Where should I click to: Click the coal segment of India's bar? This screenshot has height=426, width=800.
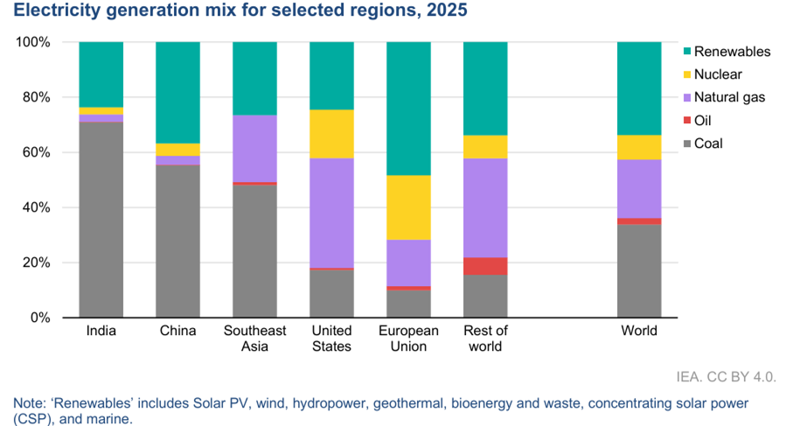[x=101, y=220]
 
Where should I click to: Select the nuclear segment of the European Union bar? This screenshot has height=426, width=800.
[x=408, y=207]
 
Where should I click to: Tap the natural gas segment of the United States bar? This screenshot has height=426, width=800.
[x=331, y=213]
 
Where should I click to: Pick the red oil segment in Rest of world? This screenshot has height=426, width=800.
[x=485, y=266]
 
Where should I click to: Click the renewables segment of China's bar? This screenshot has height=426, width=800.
[x=177, y=93]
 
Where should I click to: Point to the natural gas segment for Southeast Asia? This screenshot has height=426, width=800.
[x=254, y=149]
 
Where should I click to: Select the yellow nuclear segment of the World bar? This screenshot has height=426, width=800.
[x=639, y=148]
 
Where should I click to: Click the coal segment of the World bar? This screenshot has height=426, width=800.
[x=639, y=271]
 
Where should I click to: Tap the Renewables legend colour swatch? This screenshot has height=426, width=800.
[x=686, y=52]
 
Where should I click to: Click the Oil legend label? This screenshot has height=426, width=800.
[x=703, y=121]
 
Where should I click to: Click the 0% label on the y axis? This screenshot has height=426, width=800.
[x=40, y=318]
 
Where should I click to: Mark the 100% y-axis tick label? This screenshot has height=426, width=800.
[x=33, y=42]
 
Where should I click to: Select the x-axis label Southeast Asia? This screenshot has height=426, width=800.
[x=254, y=339]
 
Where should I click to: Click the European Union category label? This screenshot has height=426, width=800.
[x=408, y=339]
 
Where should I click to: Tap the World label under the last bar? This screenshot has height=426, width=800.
[x=639, y=331]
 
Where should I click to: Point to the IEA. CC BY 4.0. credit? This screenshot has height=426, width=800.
[x=726, y=377]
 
